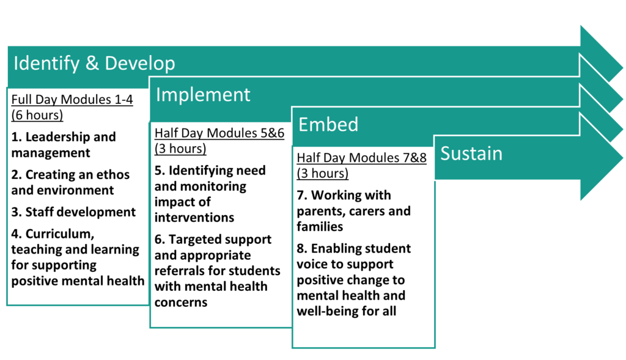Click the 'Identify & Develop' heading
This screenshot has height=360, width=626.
[94, 64]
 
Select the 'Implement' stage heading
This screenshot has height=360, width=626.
[203, 95]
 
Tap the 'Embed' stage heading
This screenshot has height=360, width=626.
[328, 125]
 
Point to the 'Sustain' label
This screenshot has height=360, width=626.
[471, 153]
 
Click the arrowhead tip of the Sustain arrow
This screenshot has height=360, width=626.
[622, 158]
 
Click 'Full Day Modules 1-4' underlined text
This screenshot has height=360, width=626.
[72, 100]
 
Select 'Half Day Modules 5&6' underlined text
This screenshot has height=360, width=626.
[219, 133]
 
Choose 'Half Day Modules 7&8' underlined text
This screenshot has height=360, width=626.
[361, 158]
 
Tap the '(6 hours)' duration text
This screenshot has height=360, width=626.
[37, 116]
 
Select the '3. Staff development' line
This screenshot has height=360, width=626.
[73, 212]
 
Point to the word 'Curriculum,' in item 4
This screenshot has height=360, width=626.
[60, 234]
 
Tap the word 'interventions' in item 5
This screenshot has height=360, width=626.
[194, 218]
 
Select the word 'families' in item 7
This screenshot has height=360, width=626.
[320, 227]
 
